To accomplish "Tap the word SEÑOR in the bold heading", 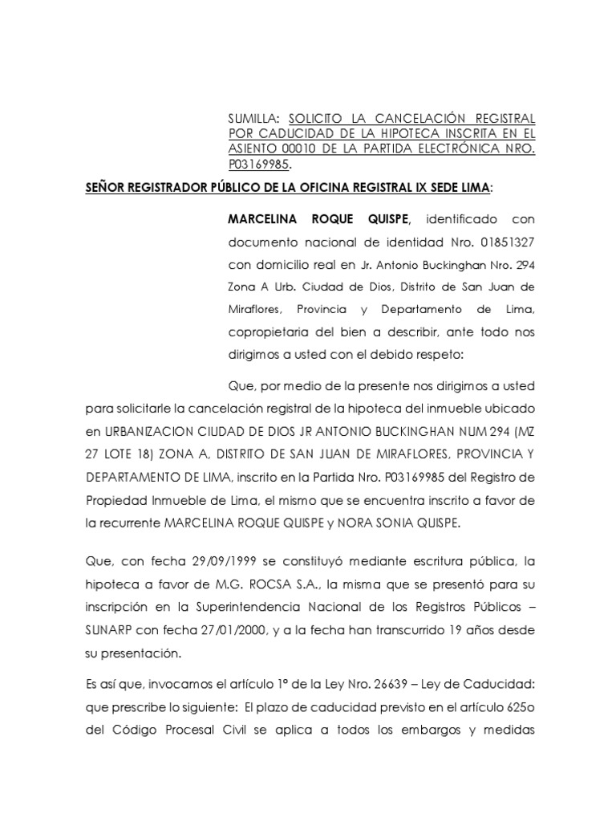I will pos(109,188).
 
